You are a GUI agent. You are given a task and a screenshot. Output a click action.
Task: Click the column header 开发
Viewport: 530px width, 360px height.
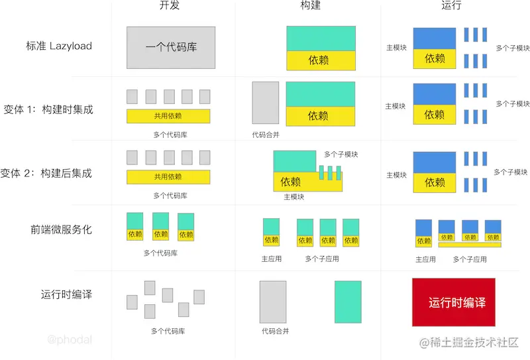[x=170, y=6]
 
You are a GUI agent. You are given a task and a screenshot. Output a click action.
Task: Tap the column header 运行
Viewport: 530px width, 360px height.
[x=450, y=6]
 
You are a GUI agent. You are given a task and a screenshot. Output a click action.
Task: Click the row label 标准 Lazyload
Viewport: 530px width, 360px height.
[x=59, y=46]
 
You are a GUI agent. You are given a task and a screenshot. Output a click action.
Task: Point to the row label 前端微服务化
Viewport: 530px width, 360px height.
[x=61, y=230]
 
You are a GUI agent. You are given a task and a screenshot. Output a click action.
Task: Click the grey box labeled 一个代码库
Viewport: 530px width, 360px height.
[x=171, y=48]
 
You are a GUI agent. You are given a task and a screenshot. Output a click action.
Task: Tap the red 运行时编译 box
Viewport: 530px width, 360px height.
[x=454, y=302]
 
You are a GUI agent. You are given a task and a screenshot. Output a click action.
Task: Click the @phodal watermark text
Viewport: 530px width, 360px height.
[x=70, y=340]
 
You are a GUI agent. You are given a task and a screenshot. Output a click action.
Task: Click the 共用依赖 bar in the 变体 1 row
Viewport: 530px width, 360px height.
[x=168, y=116]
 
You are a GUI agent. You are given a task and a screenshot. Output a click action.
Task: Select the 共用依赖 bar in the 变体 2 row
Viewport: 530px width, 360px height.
[x=168, y=177]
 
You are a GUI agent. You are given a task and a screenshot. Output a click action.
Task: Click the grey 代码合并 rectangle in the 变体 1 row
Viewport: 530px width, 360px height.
[x=265, y=103]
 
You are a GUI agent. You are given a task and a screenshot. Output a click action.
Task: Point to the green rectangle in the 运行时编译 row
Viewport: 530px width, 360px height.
[x=348, y=302]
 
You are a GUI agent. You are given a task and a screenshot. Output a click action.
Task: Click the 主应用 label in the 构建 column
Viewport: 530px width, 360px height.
[x=272, y=259]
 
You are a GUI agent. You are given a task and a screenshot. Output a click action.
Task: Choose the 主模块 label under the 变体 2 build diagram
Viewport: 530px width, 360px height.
[x=293, y=197]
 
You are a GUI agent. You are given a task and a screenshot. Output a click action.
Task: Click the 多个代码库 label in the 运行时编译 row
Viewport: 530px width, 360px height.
[x=168, y=331]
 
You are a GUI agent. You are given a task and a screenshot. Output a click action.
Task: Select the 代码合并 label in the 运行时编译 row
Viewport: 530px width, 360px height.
[x=275, y=331]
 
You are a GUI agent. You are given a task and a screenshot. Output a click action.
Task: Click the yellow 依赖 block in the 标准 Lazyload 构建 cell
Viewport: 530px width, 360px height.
[x=321, y=60]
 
